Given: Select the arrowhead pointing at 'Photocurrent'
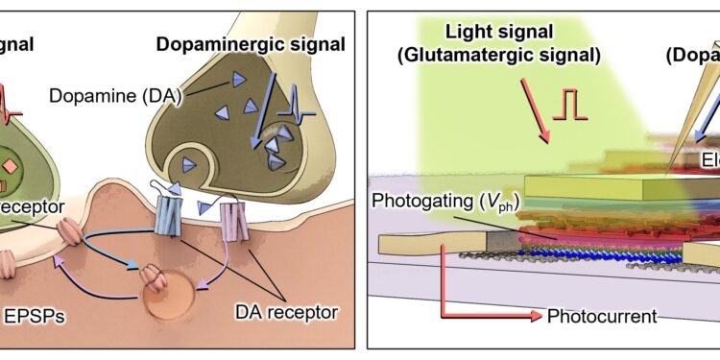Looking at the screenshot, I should [x=535, y=314].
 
